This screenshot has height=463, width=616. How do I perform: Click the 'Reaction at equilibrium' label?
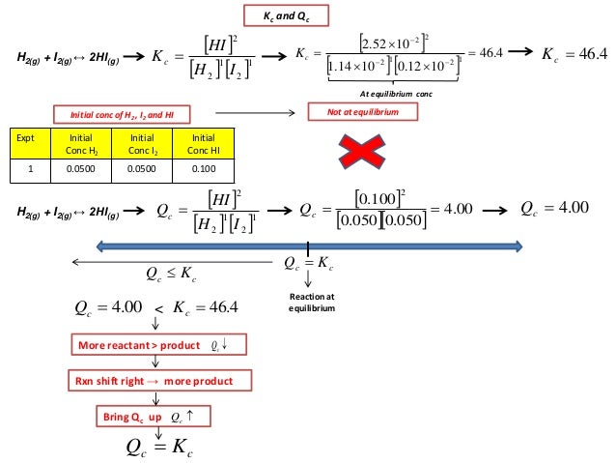(309, 302)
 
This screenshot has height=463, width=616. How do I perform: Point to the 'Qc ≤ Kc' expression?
(172, 274)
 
